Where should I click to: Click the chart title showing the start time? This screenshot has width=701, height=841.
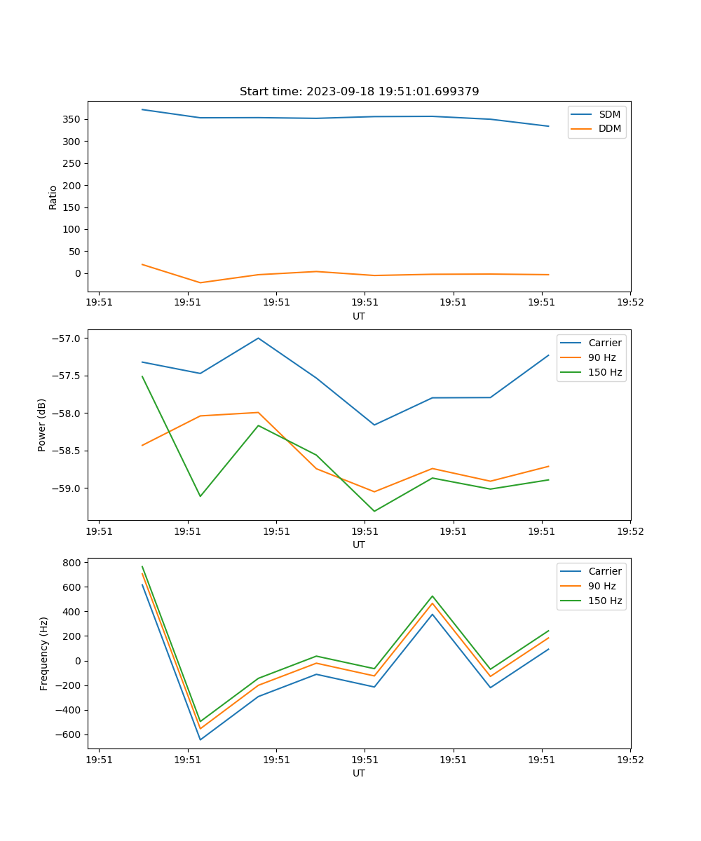(359, 92)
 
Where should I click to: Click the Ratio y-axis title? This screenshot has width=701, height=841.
(53, 197)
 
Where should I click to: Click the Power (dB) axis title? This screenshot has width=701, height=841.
(42, 425)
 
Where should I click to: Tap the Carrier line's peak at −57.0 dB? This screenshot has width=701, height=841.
(258, 338)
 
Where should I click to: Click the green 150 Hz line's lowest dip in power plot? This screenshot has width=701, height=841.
(374, 511)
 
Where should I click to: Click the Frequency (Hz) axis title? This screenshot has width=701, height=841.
(44, 653)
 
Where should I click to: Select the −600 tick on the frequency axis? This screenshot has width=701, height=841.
(69, 734)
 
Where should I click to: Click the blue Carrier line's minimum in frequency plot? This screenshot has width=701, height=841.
(200, 739)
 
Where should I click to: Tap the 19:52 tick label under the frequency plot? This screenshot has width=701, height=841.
(630, 760)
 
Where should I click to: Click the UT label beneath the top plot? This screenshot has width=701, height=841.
(359, 316)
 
